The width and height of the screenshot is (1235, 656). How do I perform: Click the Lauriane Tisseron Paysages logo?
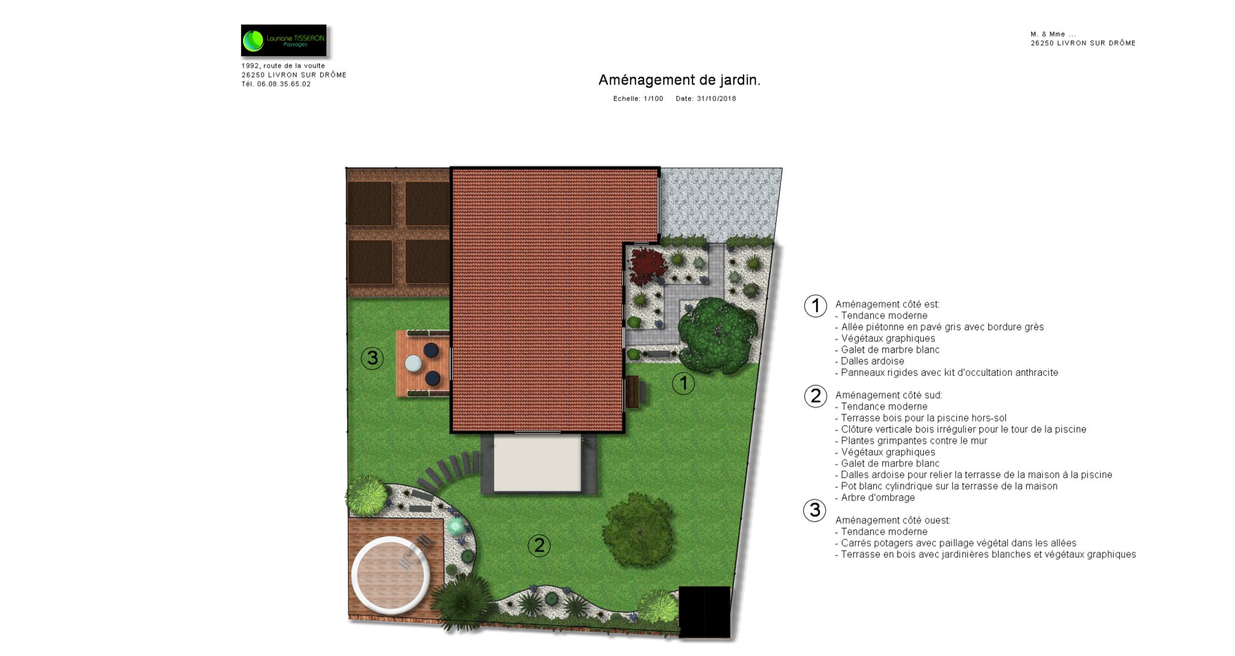click(x=283, y=40)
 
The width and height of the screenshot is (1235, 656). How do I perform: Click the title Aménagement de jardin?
click(x=679, y=80)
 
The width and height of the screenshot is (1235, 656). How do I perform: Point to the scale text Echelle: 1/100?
click(x=638, y=98)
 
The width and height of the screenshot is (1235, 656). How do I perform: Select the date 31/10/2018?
click(x=716, y=98)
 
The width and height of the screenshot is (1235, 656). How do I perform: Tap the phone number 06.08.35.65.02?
click(x=284, y=84)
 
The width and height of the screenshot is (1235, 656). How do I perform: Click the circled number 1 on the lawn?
click(x=683, y=383)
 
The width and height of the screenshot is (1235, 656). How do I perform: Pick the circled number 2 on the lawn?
click(x=539, y=545)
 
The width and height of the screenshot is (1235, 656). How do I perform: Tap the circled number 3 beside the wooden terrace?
click(x=372, y=358)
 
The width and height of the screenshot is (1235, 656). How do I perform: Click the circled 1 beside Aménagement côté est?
click(x=815, y=306)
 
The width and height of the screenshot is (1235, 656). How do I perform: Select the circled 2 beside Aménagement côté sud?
click(x=815, y=396)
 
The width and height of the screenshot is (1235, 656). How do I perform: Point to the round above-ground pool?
click(x=391, y=575)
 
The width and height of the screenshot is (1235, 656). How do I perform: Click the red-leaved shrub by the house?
click(x=647, y=266)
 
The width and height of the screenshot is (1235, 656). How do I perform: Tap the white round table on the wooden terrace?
click(x=413, y=363)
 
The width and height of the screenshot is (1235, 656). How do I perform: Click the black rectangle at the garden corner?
click(x=704, y=612)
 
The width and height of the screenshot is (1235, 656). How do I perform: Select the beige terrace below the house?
click(x=537, y=463)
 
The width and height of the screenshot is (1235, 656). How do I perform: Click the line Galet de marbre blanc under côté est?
click(x=887, y=350)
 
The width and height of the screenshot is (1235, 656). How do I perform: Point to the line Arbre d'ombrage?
click(x=875, y=497)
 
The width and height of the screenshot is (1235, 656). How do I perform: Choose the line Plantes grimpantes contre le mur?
click(x=911, y=441)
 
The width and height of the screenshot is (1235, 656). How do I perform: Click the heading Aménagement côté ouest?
click(x=893, y=520)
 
